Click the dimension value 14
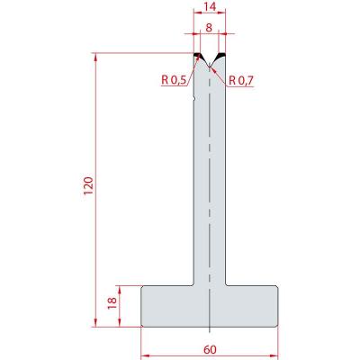coord(210,6)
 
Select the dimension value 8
coord(209,28)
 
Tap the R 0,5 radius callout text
coord(174,80)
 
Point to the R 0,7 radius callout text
coord(241,80)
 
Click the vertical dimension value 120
coord(89,186)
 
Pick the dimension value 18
coord(112,303)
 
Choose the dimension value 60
coord(210,349)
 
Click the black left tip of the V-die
coord(198,56)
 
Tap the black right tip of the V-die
coord(221,55)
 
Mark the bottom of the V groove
coord(210,67)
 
